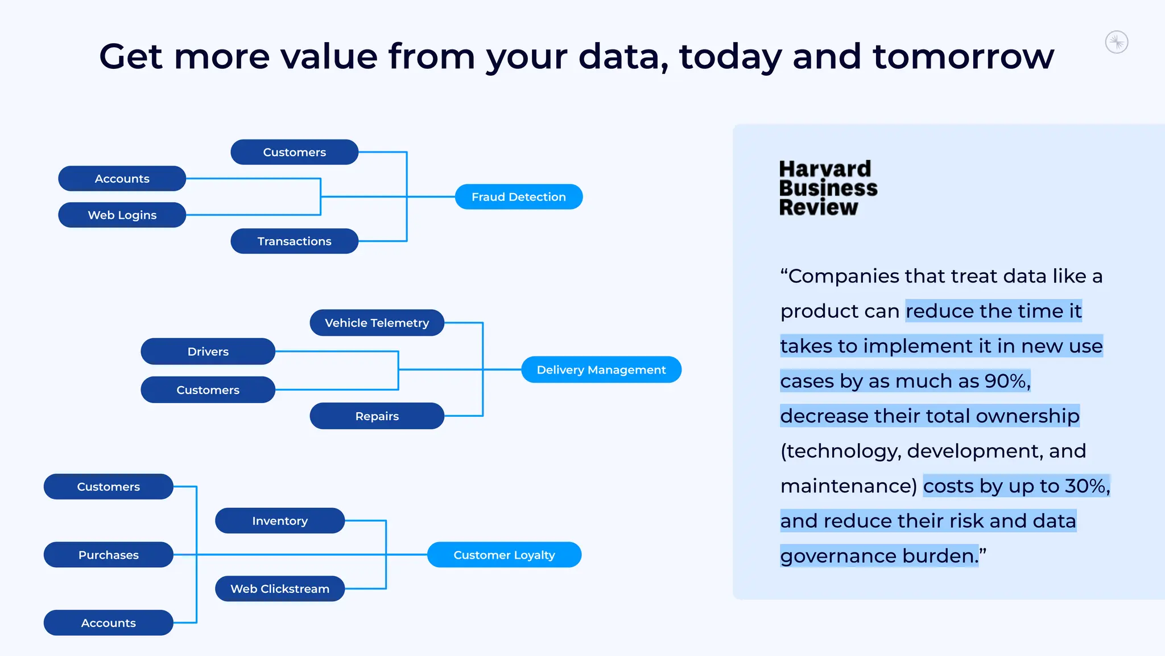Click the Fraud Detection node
pyautogui.click(x=518, y=196)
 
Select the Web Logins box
pyautogui.click(x=122, y=215)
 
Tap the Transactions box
pyautogui.click(x=294, y=241)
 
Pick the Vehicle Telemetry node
pyautogui.click(x=377, y=322)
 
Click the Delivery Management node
pyautogui.click(x=601, y=370)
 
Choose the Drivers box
pyautogui.click(x=208, y=351)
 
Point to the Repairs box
pyautogui.click(x=377, y=416)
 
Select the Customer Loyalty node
pyautogui.click(x=504, y=555)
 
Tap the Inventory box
pyautogui.click(x=279, y=520)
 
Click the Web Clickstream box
pyautogui.click(x=279, y=589)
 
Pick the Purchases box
pyautogui.click(x=108, y=555)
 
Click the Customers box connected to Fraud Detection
pyautogui.click(x=294, y=152)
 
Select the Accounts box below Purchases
pyautogui.click(x=108, y=623)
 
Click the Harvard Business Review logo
pyautogui.click(x=828, y=188)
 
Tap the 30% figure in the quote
pyautogui.click(x=1085, y=486)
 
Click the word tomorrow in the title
pyautogui.click(x=963, y=56)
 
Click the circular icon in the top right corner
pyautogui.click(x=1117, y=42)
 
